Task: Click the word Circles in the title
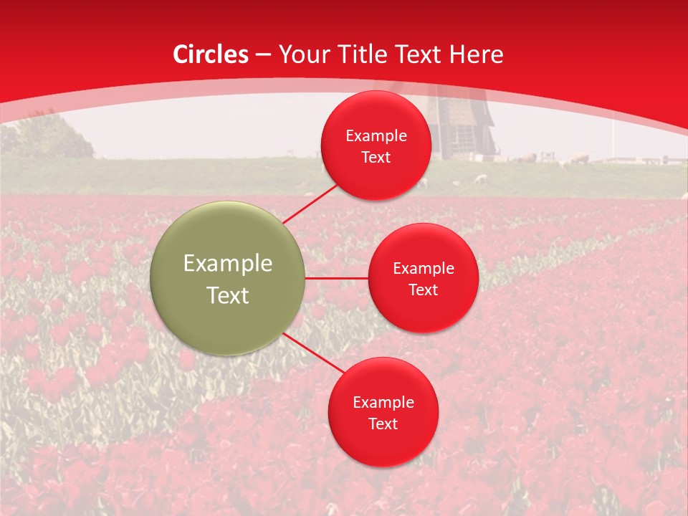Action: pos(210,54)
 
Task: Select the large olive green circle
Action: pos(227,278)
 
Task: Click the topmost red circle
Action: pos(376,145)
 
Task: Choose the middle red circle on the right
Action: pos(423,278)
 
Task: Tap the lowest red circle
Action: pos(383,412)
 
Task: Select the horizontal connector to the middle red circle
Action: pos(336,278)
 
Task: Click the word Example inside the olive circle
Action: pos(227,263)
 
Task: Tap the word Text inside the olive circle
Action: pos(227,295)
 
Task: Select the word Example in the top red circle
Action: pos(376,135)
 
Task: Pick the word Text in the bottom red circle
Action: pos(383,424)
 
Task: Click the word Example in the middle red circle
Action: pos(423,268)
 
